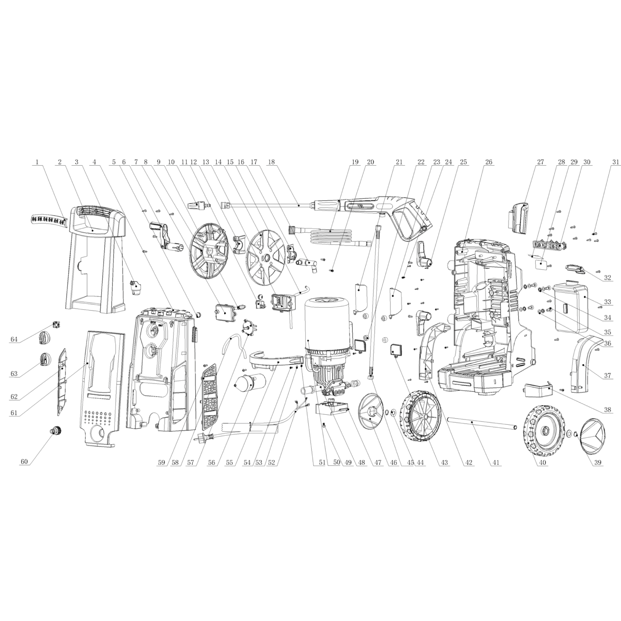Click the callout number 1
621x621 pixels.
[x=37, y=162]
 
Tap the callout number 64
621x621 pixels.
[x=14, y=339]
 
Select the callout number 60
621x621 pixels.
[x=24, y=462]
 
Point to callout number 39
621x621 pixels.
[x=597, y=463]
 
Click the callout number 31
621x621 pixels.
[x=615, y=162]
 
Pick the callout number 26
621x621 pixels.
[x=488, y=162]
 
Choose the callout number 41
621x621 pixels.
[x=496, y=463]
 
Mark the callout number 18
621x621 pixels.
[x=272, y=162]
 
